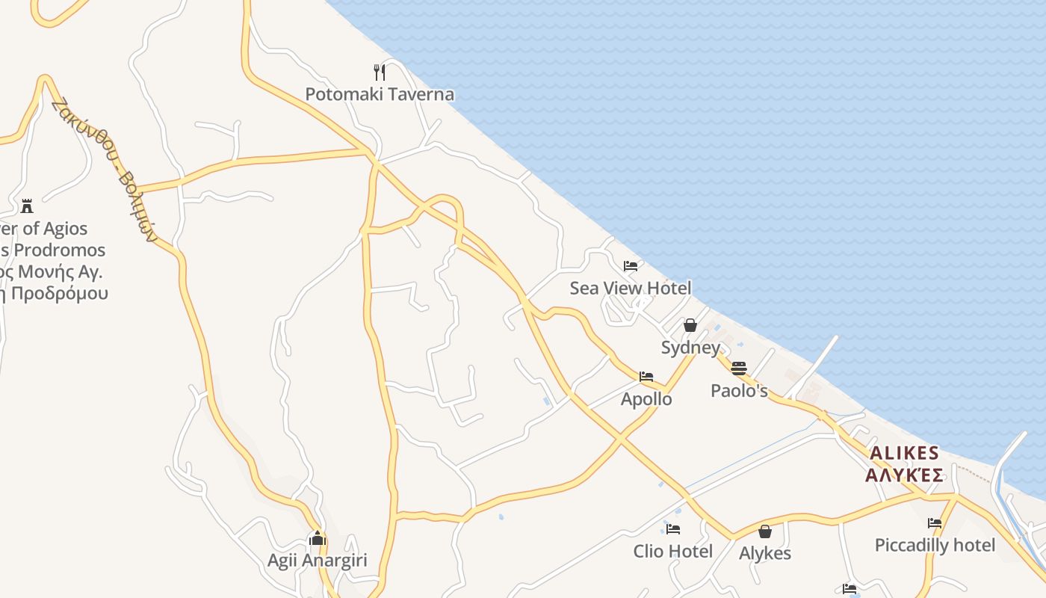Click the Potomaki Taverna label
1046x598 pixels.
coord(380,94)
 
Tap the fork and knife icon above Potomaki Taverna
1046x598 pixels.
coord(380,72)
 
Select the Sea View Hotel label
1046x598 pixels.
coord(630,288)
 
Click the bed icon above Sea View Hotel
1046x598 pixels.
coord(631,265)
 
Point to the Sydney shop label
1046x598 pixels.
coord(690,348)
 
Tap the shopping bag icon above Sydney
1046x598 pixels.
coord(690,325)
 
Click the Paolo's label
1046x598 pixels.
coord(739,390)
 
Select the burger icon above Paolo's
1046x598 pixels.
coord(739,368)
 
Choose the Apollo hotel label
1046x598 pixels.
coord(646,399)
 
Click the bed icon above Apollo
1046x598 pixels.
coord(646,377)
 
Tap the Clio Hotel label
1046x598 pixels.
coord(673,552)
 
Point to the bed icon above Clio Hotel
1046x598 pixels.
coord(673,529)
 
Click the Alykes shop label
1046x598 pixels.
coord(765,553)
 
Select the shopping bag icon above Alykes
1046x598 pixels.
coord(765,531)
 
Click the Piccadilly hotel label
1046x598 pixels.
coord(935,545)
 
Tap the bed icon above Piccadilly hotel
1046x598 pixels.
coord(935,523)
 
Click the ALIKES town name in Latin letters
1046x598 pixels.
coord(904,454)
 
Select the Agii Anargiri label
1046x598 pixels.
coord(318,560)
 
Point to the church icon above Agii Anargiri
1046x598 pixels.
coord(318,538)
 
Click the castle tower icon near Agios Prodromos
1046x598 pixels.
coord(27,206)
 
